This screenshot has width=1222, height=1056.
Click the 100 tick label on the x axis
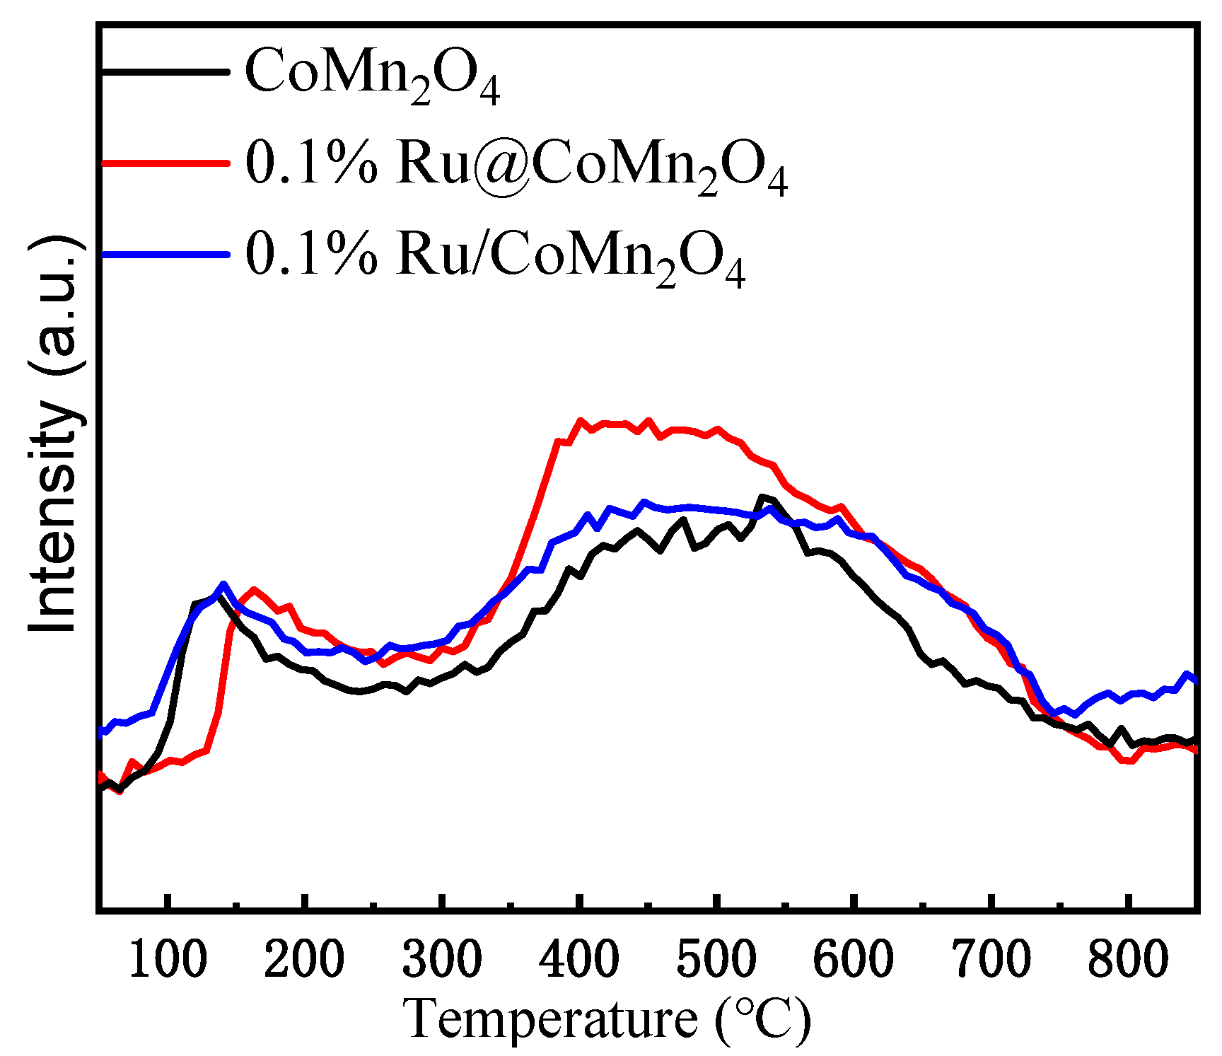(167, 961)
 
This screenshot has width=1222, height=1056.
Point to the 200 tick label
(304, 961)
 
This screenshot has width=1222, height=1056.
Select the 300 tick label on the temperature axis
(441, 961)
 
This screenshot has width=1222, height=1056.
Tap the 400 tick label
(578, 961)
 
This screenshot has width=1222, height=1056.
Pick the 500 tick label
(716, 961)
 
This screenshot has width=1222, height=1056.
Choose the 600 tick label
(854, 961)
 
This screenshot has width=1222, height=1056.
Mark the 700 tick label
(991, 961)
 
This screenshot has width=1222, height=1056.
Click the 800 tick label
(1128, 961)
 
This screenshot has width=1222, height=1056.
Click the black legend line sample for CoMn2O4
(165, 71)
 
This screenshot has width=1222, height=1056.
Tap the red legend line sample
(165, 162)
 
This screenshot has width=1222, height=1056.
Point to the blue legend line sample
(165, 254)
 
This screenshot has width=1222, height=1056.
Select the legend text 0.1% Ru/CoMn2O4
(495, 257)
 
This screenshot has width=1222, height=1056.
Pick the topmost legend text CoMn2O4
(372, 74)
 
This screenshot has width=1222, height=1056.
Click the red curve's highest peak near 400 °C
(580, 421)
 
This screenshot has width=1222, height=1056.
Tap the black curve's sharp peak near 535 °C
(762, 497)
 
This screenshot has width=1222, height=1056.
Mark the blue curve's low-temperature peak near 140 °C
(223, 584)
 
